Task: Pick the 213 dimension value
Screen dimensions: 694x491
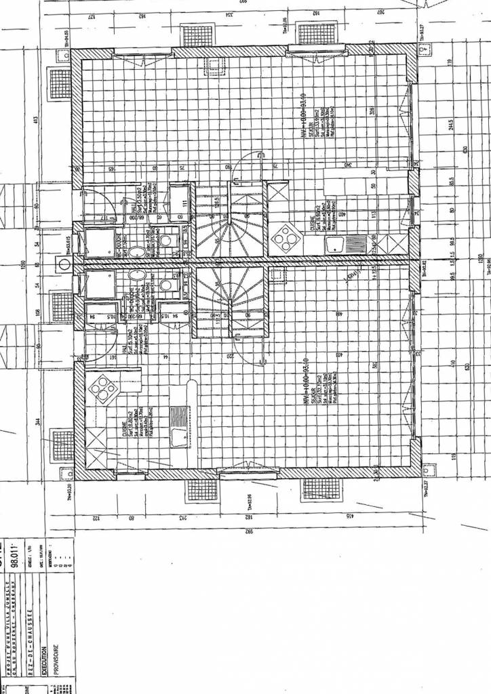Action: pyautogui.click(x=184, y=518)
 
